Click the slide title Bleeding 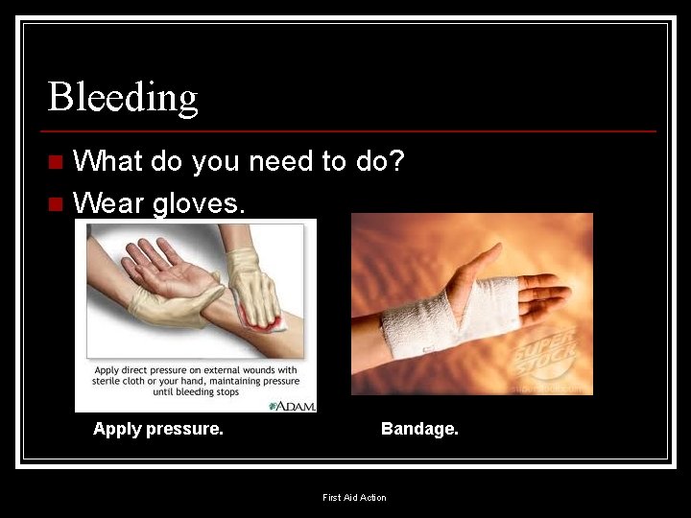pos(123,97)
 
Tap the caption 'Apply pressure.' pos(158,429)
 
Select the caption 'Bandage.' pos(419,429)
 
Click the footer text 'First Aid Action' pos(354,497)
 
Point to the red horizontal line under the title pos(351,130)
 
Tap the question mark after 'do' pos(396,161)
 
